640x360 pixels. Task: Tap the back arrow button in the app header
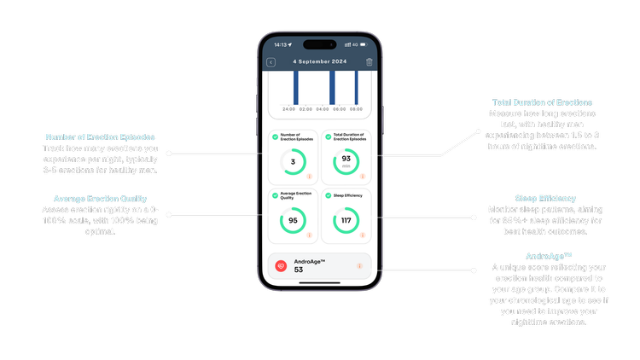click(x=271, y=62)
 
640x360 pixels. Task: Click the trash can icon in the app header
click(x=369, y=62)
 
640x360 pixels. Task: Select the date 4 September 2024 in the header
click(x=320, y=62)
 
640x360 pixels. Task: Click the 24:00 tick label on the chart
click(x=288, y=109)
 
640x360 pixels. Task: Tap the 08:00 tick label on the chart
click(x=355, y=109)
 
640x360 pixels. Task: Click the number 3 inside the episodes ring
click(x=294, y=161)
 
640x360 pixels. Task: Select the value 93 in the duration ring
click(x=346, y=159)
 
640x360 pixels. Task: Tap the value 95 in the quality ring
click(x=294, y=220)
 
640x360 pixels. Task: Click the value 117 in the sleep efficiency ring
click(x=346, y=220)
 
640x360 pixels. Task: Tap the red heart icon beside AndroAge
click(x=280, y=265)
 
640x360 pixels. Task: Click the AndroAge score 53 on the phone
click(x=300, y=270)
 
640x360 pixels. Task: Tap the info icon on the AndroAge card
click(x=359, y=265)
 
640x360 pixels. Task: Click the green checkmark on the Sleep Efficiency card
click(x=326, y=195)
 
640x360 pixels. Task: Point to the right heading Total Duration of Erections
click(x=542, y=102)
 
